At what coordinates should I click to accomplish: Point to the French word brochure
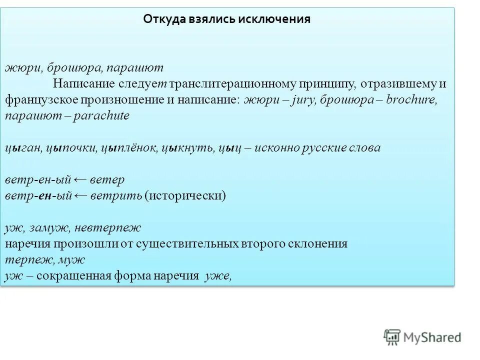tap(411, 99)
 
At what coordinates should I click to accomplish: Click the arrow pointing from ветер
tap(81, 180)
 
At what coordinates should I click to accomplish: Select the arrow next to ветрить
tap(81, 195)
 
